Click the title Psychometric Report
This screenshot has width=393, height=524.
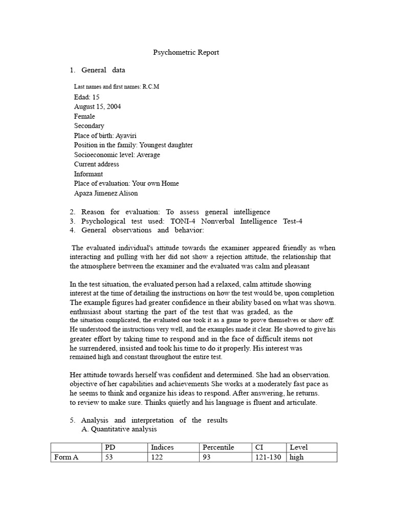click(186, 52)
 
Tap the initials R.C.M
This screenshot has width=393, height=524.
click(151, 86)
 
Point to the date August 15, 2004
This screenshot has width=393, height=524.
click(98, 106)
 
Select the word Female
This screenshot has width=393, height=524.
click(84, 116)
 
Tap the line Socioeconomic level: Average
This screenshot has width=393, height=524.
click(117, 155)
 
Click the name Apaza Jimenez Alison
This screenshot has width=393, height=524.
click(106, 193)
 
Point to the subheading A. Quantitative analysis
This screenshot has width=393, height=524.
click(119, 429)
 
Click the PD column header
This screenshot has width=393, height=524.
click(110, 447)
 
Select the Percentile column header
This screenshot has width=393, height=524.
click(219, 447)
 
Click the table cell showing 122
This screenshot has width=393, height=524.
click(157, 457)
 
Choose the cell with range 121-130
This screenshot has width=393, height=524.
click(268, 457)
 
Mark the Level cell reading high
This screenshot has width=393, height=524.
click(296, 457)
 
